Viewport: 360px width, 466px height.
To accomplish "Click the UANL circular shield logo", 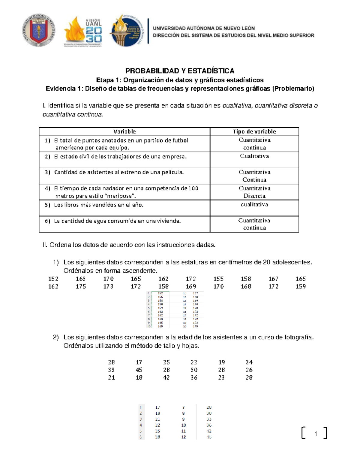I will [38, 31].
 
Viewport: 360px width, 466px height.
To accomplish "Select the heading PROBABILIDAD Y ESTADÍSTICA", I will [180, 71].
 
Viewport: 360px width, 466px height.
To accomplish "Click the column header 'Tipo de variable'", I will [254, 131].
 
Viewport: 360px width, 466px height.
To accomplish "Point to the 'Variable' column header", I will [124, 131].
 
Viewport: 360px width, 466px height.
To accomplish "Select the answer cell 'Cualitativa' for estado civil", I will [254, 156].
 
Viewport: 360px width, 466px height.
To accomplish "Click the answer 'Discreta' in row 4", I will [254, 196].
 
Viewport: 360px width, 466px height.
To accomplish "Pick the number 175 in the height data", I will [81, 287].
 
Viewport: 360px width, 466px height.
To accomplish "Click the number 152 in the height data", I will [53, 279].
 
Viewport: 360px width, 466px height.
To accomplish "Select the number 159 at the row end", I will [300, 287].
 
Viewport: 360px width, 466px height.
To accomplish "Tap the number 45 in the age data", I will [139, 370].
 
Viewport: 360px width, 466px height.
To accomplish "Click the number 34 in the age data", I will [249, 362].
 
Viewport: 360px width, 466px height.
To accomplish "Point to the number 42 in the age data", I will [166, 378].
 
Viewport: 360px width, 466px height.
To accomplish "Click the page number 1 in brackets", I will [316, 434].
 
